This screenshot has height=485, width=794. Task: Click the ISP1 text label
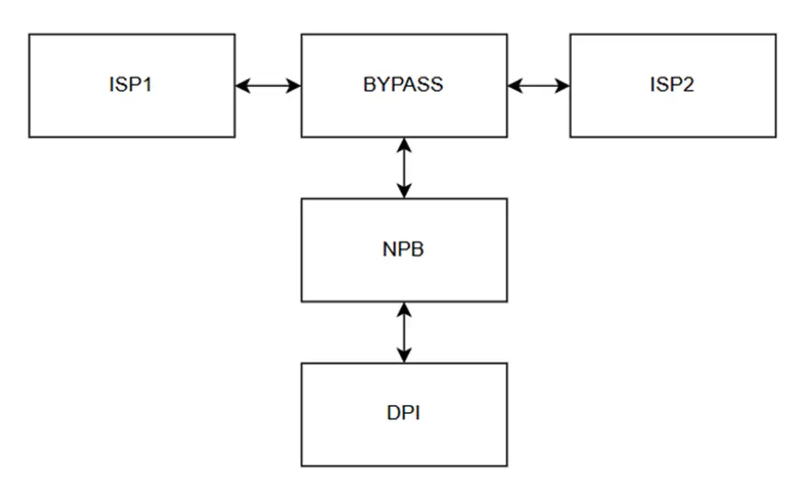pos(132,86)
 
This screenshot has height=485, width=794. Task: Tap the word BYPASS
pos(404,86)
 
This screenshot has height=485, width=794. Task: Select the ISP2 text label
pos(672,86)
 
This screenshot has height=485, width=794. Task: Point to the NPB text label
pos(404,250)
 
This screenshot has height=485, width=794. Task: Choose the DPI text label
pos(404,414)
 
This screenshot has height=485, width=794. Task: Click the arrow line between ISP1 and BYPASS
pos(269,86)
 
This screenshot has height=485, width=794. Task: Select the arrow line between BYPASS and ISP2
pos(539,86)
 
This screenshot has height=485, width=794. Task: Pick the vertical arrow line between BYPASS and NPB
pos(405,168)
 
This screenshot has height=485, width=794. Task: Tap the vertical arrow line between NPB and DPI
pos(405,332)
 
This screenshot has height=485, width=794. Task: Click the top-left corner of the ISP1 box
pos(29,35)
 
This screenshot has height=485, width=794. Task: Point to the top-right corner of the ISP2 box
pos(775,35)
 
